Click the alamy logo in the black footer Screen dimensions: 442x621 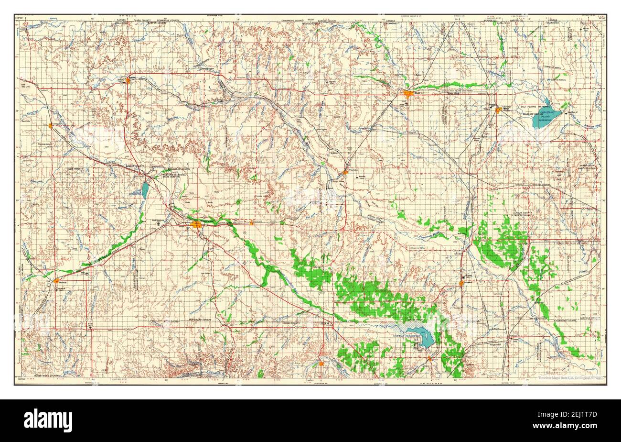(x=48, y=420)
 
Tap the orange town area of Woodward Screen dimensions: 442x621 (x=196, y=224)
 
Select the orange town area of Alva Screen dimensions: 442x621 (x=407, y=94)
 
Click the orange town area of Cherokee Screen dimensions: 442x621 (x=498, y=110)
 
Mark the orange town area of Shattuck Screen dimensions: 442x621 (x=57, y=281)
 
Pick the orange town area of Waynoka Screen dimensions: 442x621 (x=345, y=171)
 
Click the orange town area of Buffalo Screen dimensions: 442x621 (x=128, y=80)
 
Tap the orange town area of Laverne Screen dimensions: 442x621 (x=50, y=126)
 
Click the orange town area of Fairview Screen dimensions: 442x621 (x=461, y=283)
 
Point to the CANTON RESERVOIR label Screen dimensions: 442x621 (x=406, y=336)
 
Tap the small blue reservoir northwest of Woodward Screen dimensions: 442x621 (x=145, y=190)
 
